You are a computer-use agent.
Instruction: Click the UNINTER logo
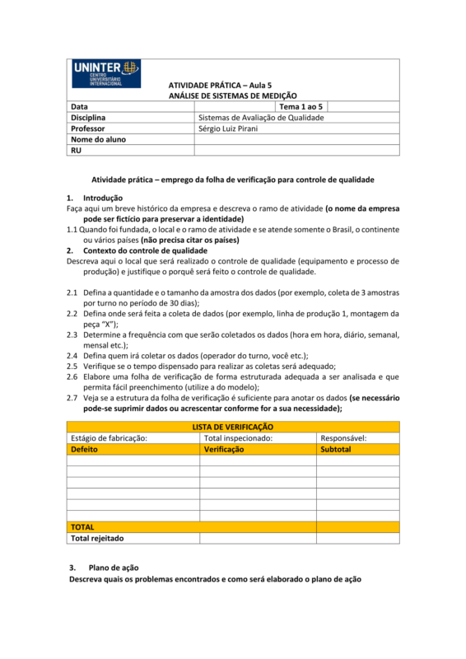coord(107,73)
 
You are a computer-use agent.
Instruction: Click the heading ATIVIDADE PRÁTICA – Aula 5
coord(219,85)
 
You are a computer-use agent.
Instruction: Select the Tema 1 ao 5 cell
coord(302,107)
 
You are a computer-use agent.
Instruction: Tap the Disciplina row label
coord(88,118)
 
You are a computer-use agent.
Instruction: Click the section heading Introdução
coord(103,198)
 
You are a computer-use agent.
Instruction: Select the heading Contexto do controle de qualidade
coord(145,250)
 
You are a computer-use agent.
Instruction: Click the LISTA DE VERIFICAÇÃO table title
coord(233,428)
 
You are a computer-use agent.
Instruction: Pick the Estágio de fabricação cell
coord(109,438)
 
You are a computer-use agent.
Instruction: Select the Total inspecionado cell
coord(238,438)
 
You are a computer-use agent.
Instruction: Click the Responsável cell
coord(343,438)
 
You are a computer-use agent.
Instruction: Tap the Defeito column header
coord(85,450)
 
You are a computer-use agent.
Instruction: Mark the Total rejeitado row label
coord(97,538)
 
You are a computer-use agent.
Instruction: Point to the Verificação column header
coord(224,450)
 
